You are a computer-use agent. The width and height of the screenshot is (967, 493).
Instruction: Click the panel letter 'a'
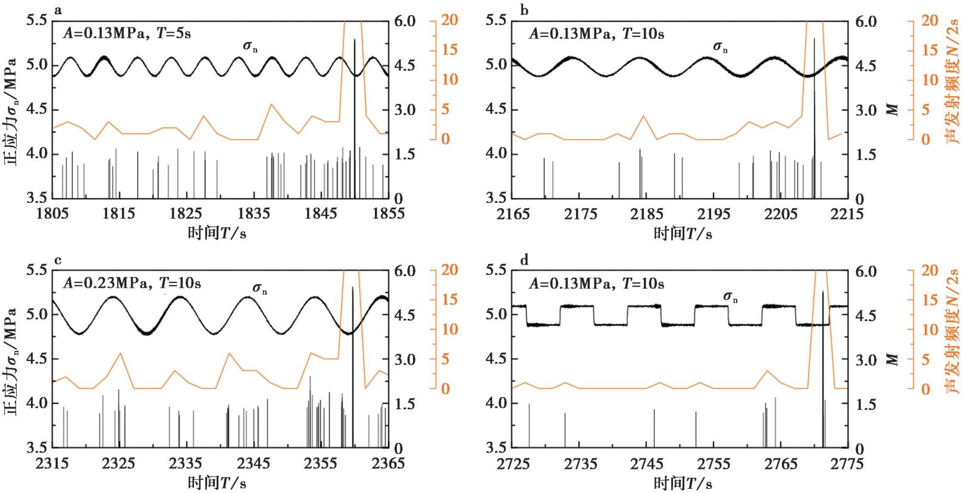[58, 10]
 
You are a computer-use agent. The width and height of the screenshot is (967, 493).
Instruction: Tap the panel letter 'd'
[524, 260]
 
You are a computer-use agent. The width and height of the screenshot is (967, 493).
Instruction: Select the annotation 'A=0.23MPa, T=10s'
[132, 283]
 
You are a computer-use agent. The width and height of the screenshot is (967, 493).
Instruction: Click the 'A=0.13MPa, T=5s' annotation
[127, 33]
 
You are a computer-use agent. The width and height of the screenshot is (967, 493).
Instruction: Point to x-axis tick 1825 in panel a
[186, 213]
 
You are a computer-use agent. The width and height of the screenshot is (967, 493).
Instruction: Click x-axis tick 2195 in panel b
[713, 213]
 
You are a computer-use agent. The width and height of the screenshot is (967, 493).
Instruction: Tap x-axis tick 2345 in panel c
[253, 463]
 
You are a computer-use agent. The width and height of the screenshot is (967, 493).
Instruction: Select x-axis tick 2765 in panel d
[781, 464]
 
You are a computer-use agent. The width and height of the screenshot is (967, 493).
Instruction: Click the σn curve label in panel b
[720, 47]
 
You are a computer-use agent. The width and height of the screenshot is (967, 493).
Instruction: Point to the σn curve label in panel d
[731, 297]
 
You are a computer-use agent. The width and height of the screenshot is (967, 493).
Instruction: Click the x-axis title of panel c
[217, 483]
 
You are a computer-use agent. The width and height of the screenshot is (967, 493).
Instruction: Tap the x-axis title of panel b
[683, 233]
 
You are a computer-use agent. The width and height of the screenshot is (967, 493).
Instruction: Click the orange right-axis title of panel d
[952, 331]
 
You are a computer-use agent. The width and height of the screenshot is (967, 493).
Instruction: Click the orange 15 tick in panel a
[449, 49]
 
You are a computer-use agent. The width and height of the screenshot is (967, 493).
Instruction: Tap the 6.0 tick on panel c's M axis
[405, 271]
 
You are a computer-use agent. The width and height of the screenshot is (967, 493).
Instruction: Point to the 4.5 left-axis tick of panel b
[496, 109]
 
